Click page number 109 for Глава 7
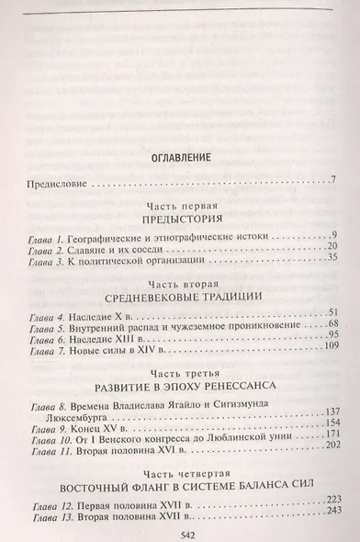330,351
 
